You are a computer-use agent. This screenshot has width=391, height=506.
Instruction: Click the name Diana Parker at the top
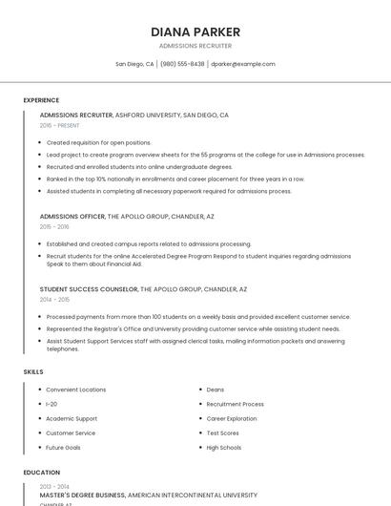(x=195, y=32)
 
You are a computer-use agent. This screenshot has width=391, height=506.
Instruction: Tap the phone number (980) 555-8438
(x=182, y=64)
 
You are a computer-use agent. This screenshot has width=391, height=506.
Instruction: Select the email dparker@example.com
(x=242, y=64)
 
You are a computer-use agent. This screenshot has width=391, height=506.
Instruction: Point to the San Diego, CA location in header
(x=134, y=64)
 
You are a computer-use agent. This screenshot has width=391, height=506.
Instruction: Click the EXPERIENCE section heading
(x=41, y=99)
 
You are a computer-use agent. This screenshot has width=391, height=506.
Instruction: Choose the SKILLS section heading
(x=33, y=370)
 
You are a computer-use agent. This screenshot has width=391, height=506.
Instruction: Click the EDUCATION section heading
(x=42, y=472)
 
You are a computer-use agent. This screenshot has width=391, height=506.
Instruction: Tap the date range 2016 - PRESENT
(x=60, y=125)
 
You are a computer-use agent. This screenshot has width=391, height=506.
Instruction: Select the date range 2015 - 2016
(x=54, y=226)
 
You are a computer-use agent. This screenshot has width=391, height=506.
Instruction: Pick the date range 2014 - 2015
(x=54, y=299)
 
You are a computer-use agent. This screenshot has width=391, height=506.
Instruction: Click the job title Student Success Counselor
(x=89, y=288)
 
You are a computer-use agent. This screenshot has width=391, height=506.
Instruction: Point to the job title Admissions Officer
(x=72, y=216)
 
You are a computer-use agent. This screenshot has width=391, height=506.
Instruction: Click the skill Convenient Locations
(x=76, y=390)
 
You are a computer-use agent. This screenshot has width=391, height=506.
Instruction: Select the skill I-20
(x=51, y=404)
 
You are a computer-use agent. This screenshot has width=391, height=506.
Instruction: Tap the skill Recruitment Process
(x=236, y=404)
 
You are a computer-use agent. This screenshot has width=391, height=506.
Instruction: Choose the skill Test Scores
(x=222, y=432)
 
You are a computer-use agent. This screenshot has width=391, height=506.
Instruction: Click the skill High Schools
(x=224, y=447)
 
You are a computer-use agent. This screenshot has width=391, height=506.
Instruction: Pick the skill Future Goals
(x=63, y=447)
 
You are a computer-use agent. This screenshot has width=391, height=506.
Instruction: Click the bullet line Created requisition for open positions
(x=98, y=142)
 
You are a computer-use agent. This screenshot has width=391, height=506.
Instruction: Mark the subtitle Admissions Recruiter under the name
(x=195, y=46)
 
